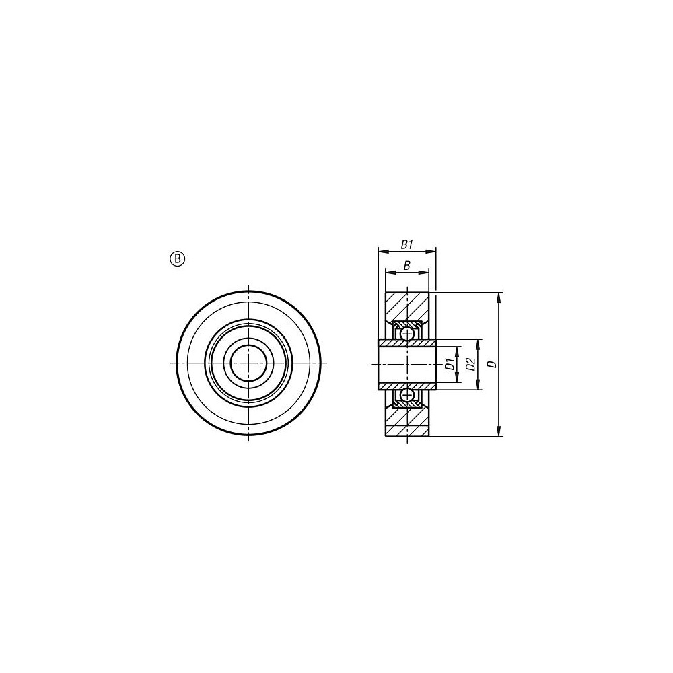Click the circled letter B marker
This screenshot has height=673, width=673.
178,258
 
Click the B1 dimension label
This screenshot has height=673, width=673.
407,245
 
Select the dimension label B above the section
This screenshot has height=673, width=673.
407,266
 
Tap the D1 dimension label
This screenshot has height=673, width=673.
450,364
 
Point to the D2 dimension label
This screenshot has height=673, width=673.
471,364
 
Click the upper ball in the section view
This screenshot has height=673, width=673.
406,333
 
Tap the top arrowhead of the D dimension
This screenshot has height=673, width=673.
498,297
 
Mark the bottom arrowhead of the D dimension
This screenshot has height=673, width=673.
498,432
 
